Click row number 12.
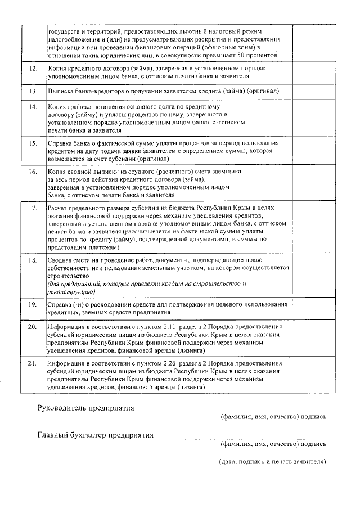tap(33, 68)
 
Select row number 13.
tap(33, 91)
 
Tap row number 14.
tap(33, 106)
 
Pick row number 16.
tap(33, 171)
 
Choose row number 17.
tap(33, 208)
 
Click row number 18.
tap(33, 260)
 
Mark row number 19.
tap(33, 304)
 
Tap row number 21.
tap(33, 364)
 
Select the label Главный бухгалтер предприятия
tap(96, 435)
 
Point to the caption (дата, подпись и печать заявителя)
tap(272, 462)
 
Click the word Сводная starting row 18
tap(61, 260)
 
